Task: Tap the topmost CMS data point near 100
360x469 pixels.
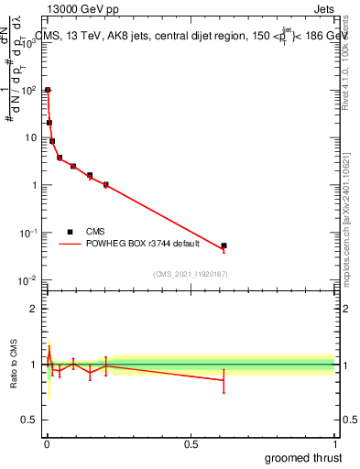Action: pos(48,90)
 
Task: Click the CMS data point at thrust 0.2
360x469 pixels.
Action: pos(106,184)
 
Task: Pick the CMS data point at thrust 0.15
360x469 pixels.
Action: pos(90,175)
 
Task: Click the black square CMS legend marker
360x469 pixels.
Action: pos(70,232)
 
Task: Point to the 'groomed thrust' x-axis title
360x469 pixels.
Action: pos(304,455)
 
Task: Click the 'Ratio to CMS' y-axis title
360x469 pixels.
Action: pos(14,365)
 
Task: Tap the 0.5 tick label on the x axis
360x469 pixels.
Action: pos(191,442)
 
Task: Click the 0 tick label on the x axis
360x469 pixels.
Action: pos(47,442)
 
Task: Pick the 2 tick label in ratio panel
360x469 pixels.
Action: pos(33,309)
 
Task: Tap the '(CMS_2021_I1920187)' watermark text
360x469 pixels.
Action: pos(190,274)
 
